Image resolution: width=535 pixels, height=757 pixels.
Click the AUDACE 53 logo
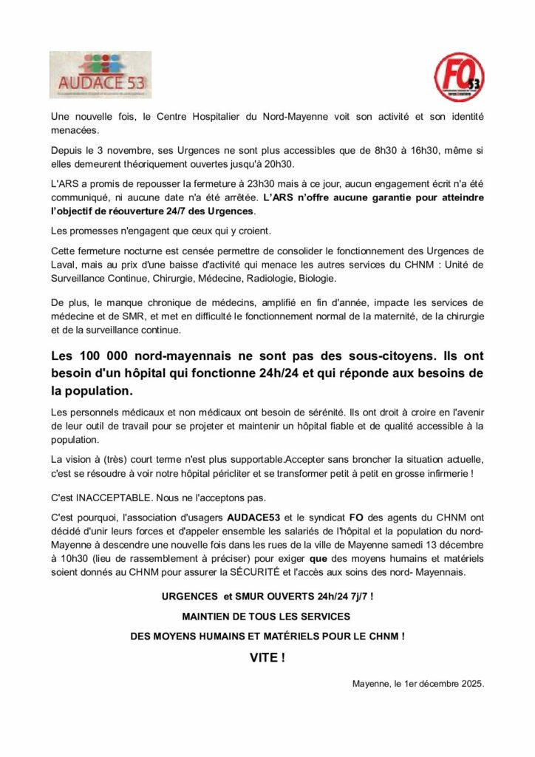click(x=100, y=75)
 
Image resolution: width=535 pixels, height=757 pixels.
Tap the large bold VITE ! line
click(x=267, y=657)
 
